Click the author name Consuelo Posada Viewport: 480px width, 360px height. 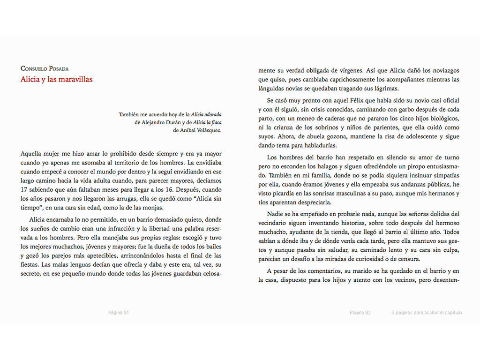coord(45,68)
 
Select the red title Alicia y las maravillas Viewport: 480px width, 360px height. coord(56,79)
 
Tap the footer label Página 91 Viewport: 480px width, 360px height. coord(118,313)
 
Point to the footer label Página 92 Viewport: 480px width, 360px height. coord(360,313)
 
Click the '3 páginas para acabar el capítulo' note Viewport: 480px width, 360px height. coord(427,313)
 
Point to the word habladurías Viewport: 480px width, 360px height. coord(320,145)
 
